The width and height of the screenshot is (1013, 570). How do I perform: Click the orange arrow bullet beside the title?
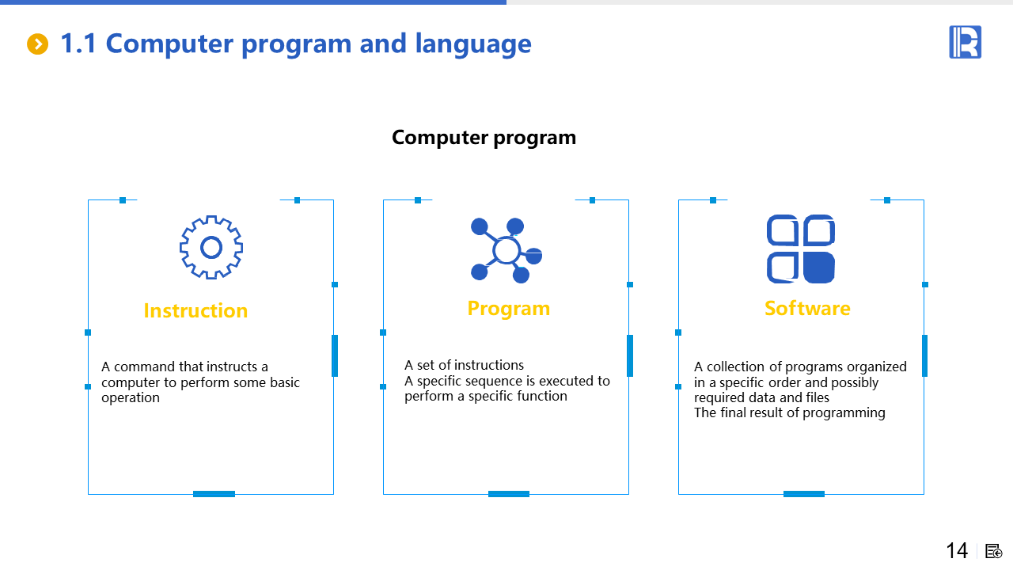(37, 44)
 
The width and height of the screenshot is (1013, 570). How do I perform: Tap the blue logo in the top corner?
(965, 42)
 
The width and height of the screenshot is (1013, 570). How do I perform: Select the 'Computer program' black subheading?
(484, 138)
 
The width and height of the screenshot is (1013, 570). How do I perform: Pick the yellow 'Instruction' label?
(195, 311)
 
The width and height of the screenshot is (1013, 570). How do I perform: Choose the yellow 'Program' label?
(509, 309)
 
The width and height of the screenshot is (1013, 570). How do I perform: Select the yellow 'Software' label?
(808, 309)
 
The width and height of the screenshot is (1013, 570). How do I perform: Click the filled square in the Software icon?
(818, 268)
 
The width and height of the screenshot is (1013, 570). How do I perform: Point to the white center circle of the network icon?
(506, 250)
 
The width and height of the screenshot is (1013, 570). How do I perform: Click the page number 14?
(957, 551)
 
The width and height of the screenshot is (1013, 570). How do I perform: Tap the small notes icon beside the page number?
(993, 552)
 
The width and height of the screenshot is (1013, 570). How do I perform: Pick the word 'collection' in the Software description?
(736, 367)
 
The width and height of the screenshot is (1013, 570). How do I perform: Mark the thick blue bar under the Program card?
(509, 494)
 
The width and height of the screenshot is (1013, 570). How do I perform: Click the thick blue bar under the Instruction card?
(214, 494)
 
